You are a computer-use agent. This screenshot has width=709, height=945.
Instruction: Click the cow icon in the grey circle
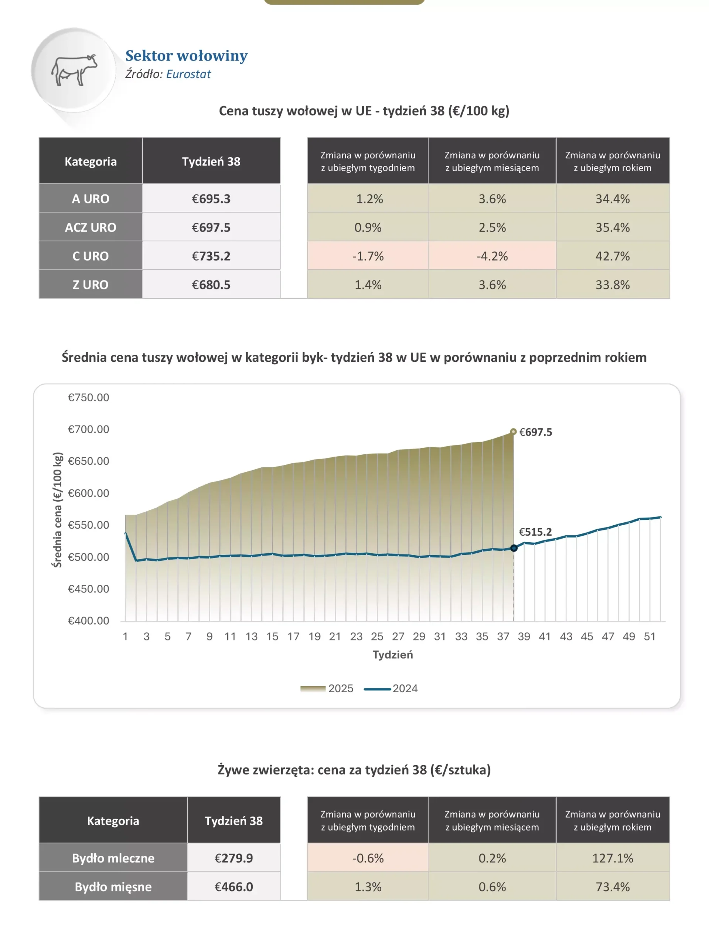click(74, 70)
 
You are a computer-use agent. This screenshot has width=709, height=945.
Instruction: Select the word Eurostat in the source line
click(188, 74)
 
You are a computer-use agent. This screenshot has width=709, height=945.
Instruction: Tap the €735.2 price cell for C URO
click(211, 256)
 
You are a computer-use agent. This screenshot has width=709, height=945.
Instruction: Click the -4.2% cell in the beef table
click(492, 256)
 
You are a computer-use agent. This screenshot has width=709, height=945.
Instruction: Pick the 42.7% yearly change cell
click(612, 256)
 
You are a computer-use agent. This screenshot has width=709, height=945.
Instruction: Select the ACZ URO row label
click(90, 227)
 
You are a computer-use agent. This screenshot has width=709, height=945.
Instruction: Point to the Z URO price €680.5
click(211, 285)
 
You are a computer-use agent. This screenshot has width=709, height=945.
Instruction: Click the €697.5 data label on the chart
click(535, 432)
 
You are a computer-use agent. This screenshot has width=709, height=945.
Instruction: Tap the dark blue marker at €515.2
click(514, 548)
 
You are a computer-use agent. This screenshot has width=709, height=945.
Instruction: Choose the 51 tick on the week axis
click(650, 636)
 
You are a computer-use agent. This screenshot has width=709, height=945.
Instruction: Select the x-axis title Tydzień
click(393, 654)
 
